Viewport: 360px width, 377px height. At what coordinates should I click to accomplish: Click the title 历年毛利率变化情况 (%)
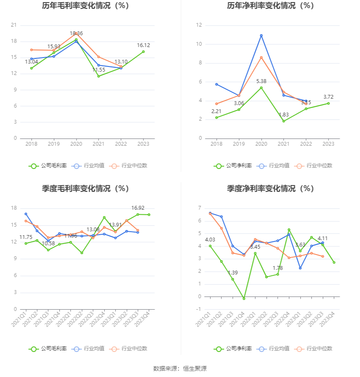(x=85, y=6)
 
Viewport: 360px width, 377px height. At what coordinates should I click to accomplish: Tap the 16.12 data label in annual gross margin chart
(x=143, y=45)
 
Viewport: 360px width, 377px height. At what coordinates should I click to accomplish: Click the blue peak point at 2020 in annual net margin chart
(x=261, y=36)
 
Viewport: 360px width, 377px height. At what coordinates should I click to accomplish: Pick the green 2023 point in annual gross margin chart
(x=143, y=52)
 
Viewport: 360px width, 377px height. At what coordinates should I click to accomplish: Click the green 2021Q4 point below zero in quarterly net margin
(x=244, y=299)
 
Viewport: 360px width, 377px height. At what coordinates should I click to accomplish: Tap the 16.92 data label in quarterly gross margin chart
(x=138, y=208)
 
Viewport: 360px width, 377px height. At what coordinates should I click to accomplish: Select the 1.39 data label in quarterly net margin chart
(x=233, y=273)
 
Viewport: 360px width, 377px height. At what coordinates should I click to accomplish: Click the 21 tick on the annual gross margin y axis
(x=14, y=25)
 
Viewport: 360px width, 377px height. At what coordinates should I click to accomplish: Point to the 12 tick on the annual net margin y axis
(x=199, y=25)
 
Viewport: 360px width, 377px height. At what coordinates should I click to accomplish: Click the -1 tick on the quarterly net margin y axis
(x=199, y=309)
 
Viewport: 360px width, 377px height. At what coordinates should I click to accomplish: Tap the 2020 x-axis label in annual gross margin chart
(x=76, y=144)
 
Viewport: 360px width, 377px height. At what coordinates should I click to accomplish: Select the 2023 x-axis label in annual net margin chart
(x=328, y=144)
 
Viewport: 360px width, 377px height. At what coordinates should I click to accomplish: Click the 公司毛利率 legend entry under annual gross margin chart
(x=48, y=166)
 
